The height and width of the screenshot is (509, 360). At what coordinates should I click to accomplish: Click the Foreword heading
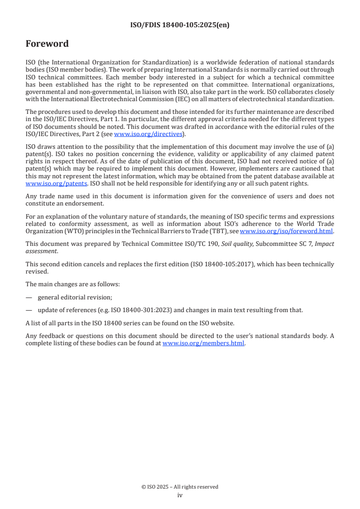pos(47,44)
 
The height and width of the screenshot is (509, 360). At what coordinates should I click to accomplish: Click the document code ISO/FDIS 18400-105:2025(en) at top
pos(180,25)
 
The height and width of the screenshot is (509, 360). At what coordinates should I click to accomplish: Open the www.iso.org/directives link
pos(148,134)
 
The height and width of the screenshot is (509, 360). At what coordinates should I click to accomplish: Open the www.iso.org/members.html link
pos(203,343)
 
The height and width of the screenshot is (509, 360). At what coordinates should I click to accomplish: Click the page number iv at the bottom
pos(180,495)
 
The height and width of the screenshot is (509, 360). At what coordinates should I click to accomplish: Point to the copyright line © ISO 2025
pos(180,487)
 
